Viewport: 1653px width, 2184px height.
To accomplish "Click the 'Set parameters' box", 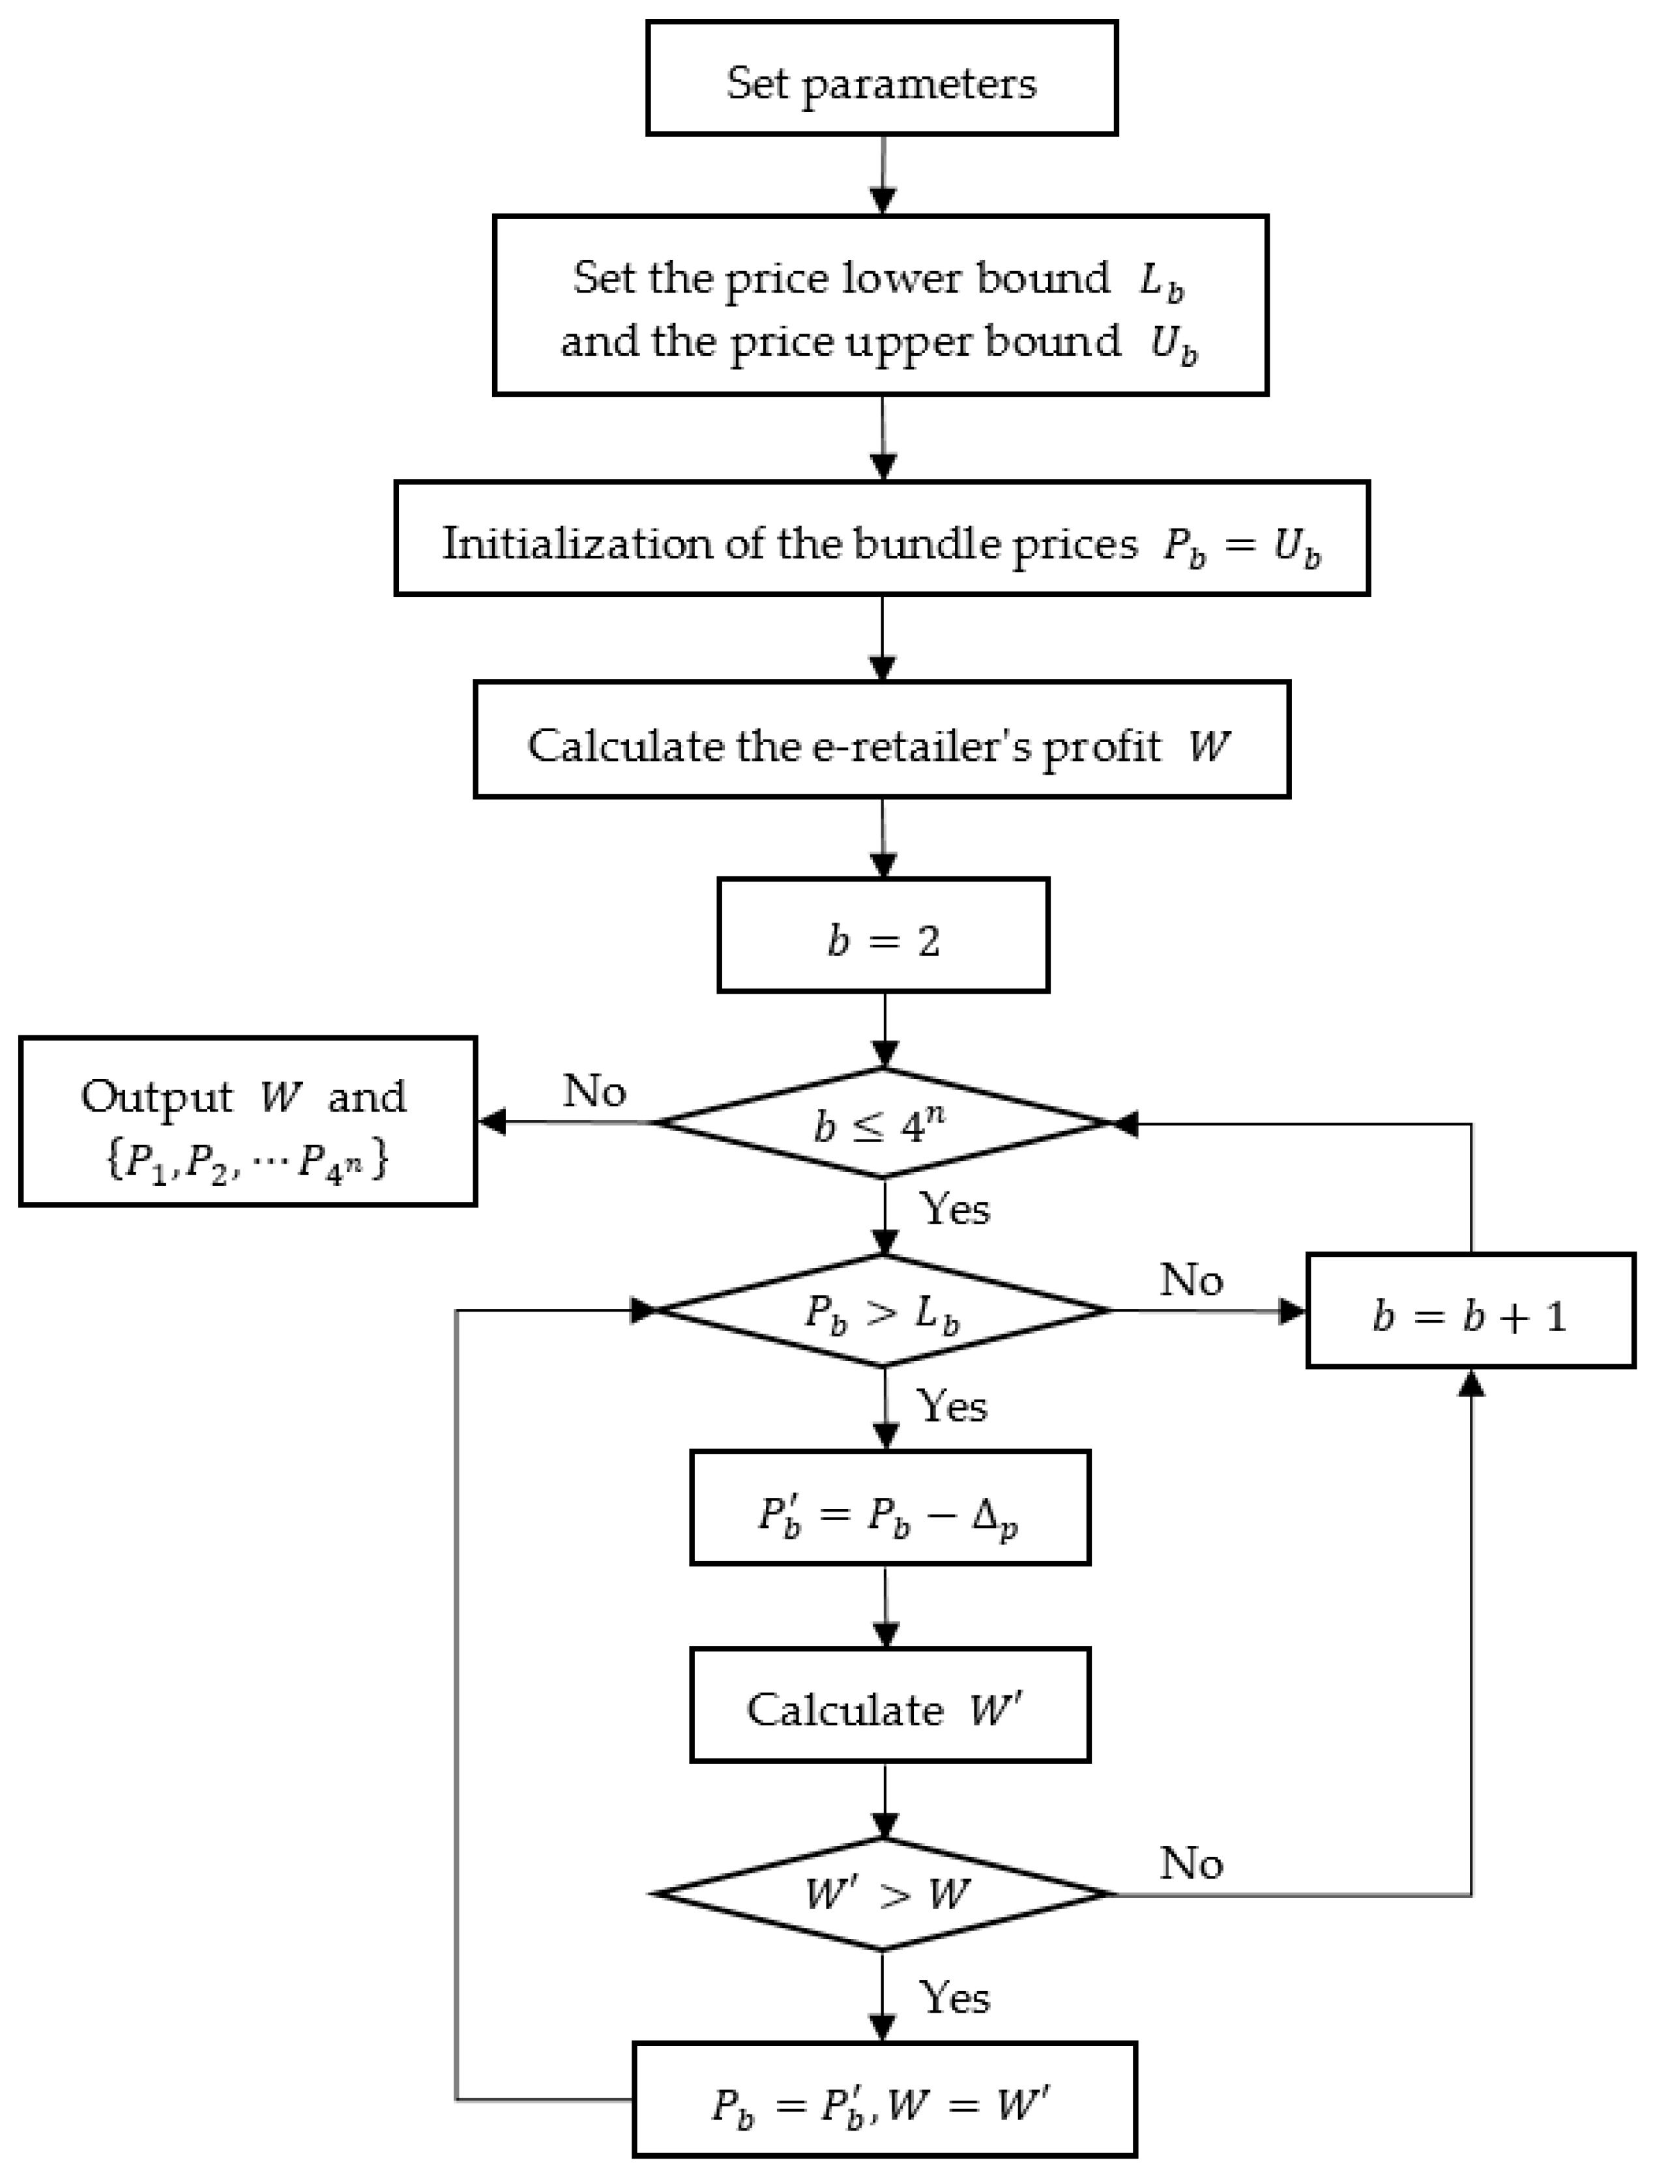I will coord(882,78).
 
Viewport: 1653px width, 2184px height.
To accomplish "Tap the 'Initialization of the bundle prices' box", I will coord(882,538).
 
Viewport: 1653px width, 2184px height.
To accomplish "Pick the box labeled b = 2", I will coord(883,935).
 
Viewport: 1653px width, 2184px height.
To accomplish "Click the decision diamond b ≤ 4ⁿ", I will coord(882,1123).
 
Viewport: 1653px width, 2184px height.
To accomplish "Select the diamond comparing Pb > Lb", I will coord(882,1311).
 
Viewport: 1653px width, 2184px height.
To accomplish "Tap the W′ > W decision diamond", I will coord(882,1893).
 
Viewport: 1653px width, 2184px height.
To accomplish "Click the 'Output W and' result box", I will coord(248,1121).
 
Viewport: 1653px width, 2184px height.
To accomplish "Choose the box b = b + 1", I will coord(1470,1311).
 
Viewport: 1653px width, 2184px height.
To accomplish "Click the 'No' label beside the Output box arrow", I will coord(594,1091).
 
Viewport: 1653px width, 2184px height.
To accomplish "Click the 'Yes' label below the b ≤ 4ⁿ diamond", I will coord(954,1207).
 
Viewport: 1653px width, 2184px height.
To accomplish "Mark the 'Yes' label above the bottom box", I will coord(954,1996).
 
